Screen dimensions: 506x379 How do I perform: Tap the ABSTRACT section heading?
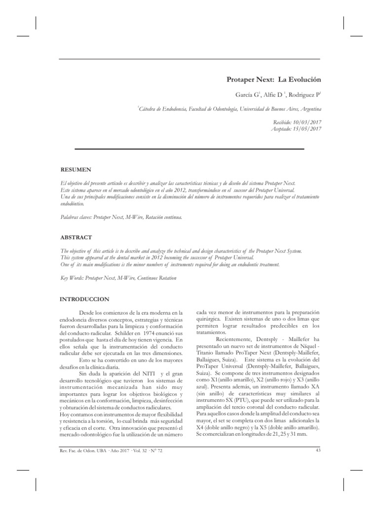pyautogui.click(x=76, y=237)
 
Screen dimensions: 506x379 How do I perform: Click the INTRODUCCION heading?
pyautogui.click(x=84, y=299)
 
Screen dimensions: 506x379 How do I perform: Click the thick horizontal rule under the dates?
pyautogui.click(x=189, y=148)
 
